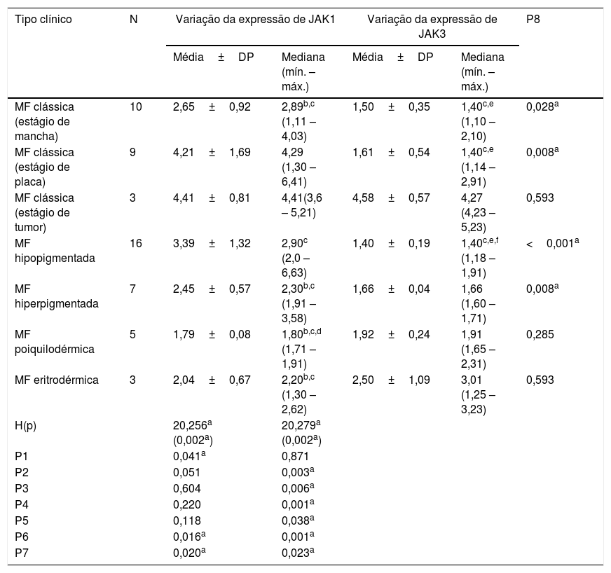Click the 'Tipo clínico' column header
[x=43, y=20]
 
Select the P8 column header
[x=533, y=20]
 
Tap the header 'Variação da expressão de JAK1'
[x=255, y=20]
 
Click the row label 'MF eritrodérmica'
[x=57, y=380]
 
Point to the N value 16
[x=136, y=244]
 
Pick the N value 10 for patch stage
[x=136, y=106]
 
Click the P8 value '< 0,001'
[x=552, y=244]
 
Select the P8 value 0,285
[x=540, y=335]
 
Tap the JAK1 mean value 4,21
[x=184, y=152]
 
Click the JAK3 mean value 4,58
[x=363, y=198]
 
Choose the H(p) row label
[x=25, y=425]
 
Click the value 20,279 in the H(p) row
[x=301, y=425]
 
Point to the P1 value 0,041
[x=189, y=456]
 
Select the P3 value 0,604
[x=186, y=488]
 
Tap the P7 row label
[x=22, y=553]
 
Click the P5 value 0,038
[x=298, y=520]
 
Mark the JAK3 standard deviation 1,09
[x=419, y=380]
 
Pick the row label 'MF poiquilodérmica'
[x=55, y=342]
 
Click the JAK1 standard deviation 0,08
[x=240, y=335]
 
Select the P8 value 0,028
[x=542, y=106]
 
